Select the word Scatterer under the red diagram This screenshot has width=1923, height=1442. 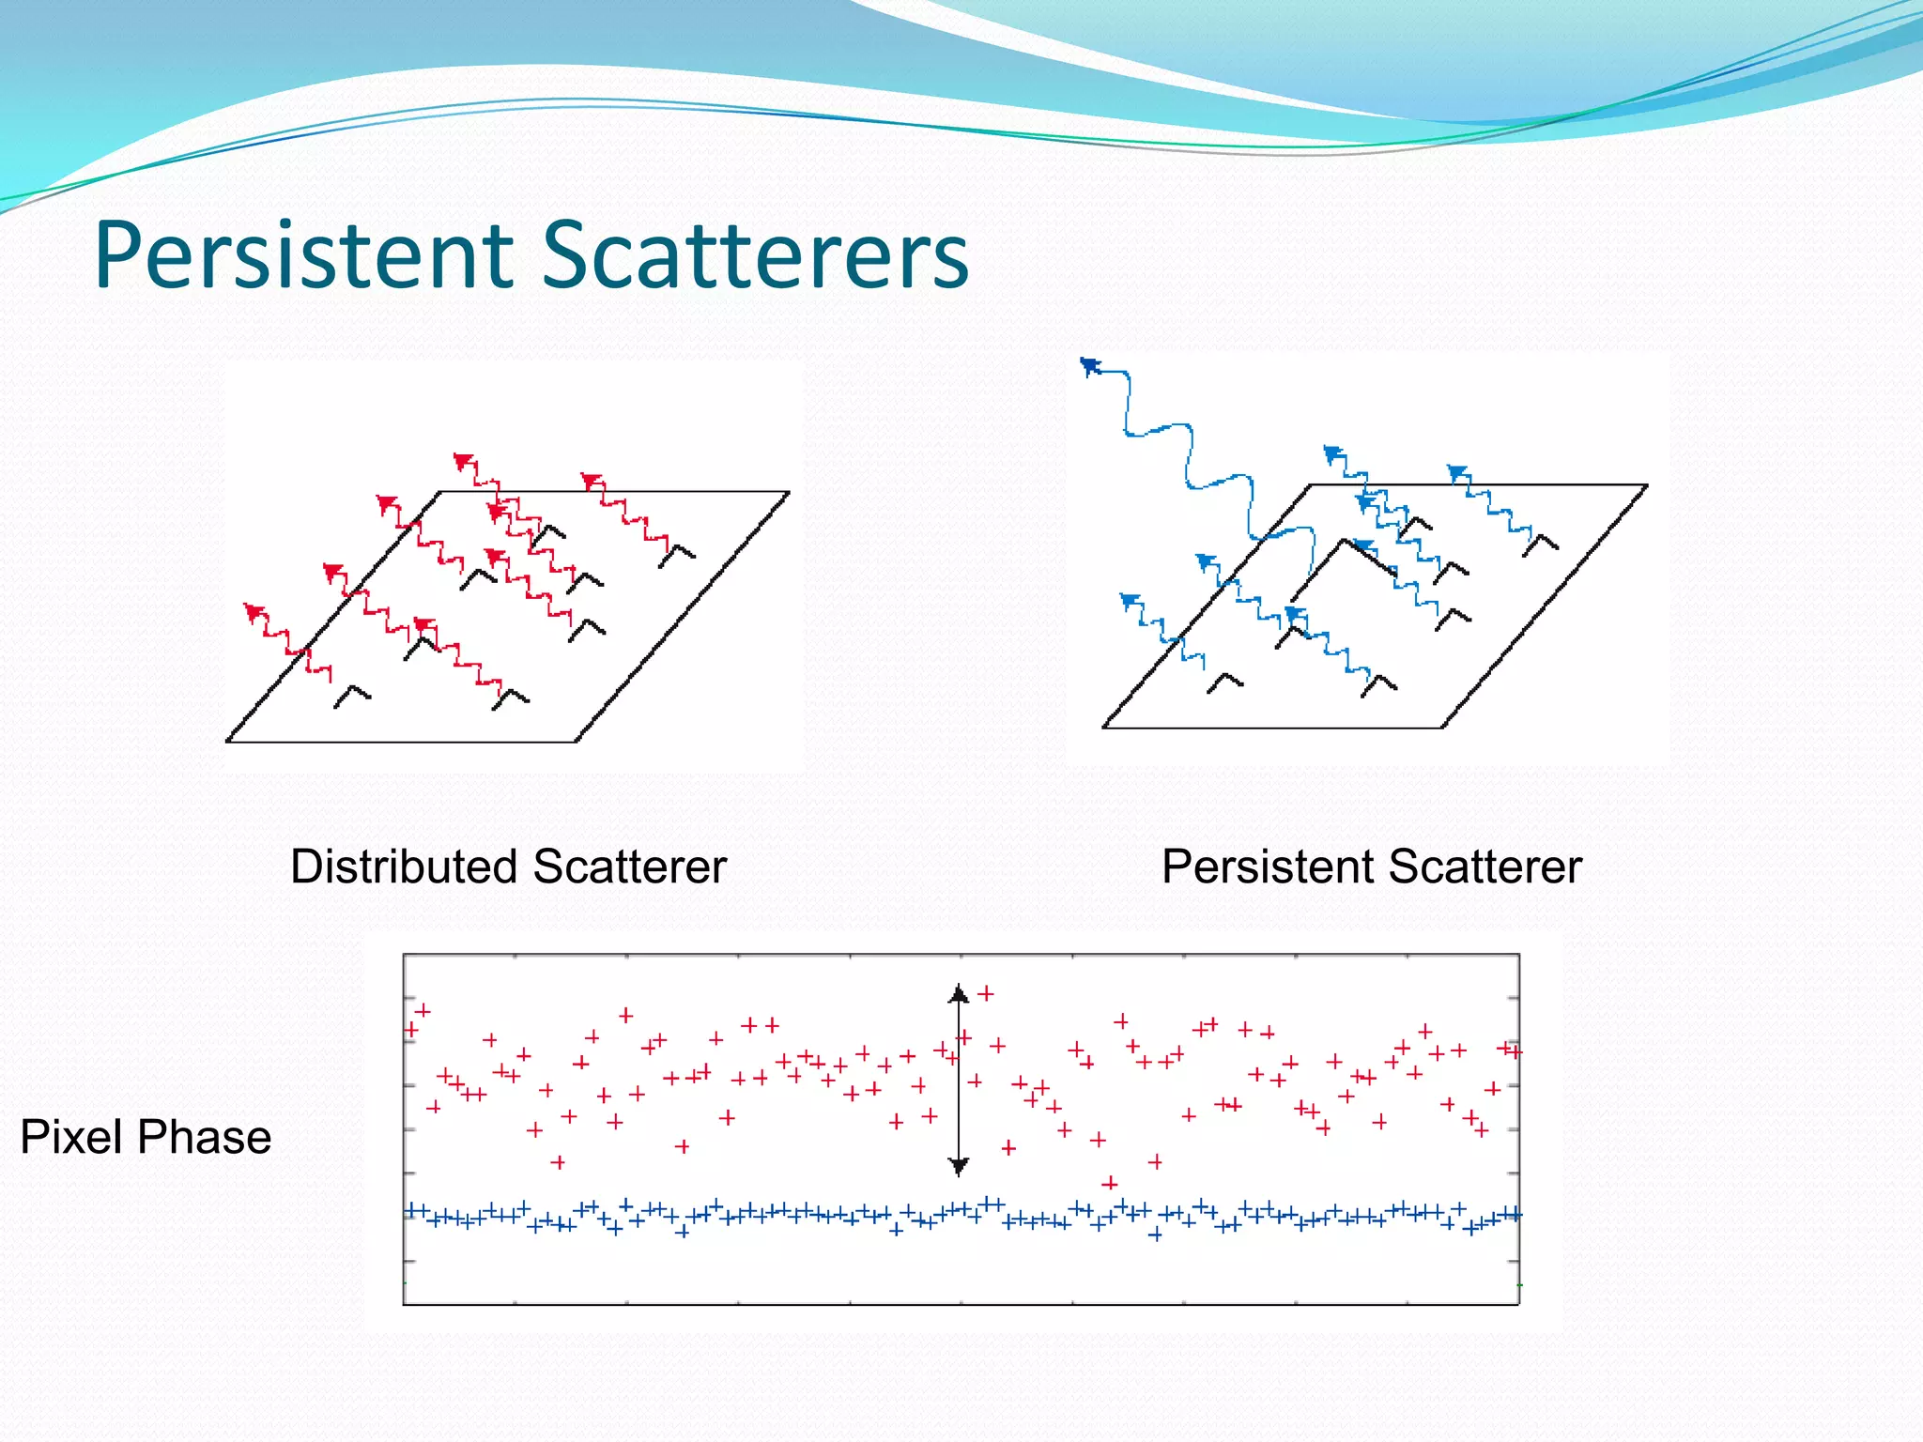(x=630, y=866)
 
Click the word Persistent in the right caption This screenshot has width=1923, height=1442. (x=1265, y=866)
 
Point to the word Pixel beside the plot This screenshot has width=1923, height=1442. (x=70, y=1137)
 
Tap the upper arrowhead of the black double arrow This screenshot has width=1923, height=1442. (x=959, y=993)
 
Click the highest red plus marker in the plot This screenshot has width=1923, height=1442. (x=986, y=992)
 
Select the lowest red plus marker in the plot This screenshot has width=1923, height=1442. (x=1110, y=1183)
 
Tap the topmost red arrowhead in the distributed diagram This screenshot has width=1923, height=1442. (x=463, y=460)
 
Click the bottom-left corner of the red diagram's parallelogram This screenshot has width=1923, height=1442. (x=228, y=742)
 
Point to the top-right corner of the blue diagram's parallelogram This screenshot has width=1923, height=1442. (x=1647, y=485)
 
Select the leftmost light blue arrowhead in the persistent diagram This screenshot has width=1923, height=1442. (x=1130, y=600)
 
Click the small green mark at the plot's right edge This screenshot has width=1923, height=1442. (x=1519, y=1284)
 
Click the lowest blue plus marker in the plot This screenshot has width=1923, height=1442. (x=1155, y=1235)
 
